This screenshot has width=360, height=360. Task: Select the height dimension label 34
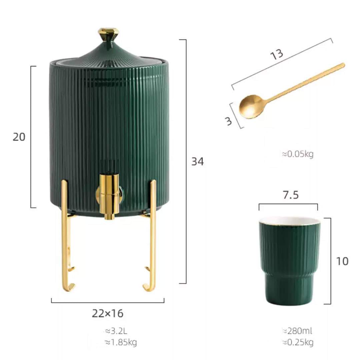point(197,162)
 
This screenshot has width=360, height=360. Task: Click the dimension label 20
point(19,137)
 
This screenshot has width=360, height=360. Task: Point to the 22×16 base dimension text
point(108,313)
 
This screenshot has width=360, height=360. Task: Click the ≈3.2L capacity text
point(116,331)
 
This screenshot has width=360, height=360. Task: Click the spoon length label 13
point(277,54)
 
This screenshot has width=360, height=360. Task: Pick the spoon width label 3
point(229,121)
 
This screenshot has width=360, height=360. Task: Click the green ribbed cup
point(289,263)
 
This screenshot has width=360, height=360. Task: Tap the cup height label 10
point(342,261)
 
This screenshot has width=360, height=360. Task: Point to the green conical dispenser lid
point(108,53)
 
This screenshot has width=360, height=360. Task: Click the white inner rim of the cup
point(289,220)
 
